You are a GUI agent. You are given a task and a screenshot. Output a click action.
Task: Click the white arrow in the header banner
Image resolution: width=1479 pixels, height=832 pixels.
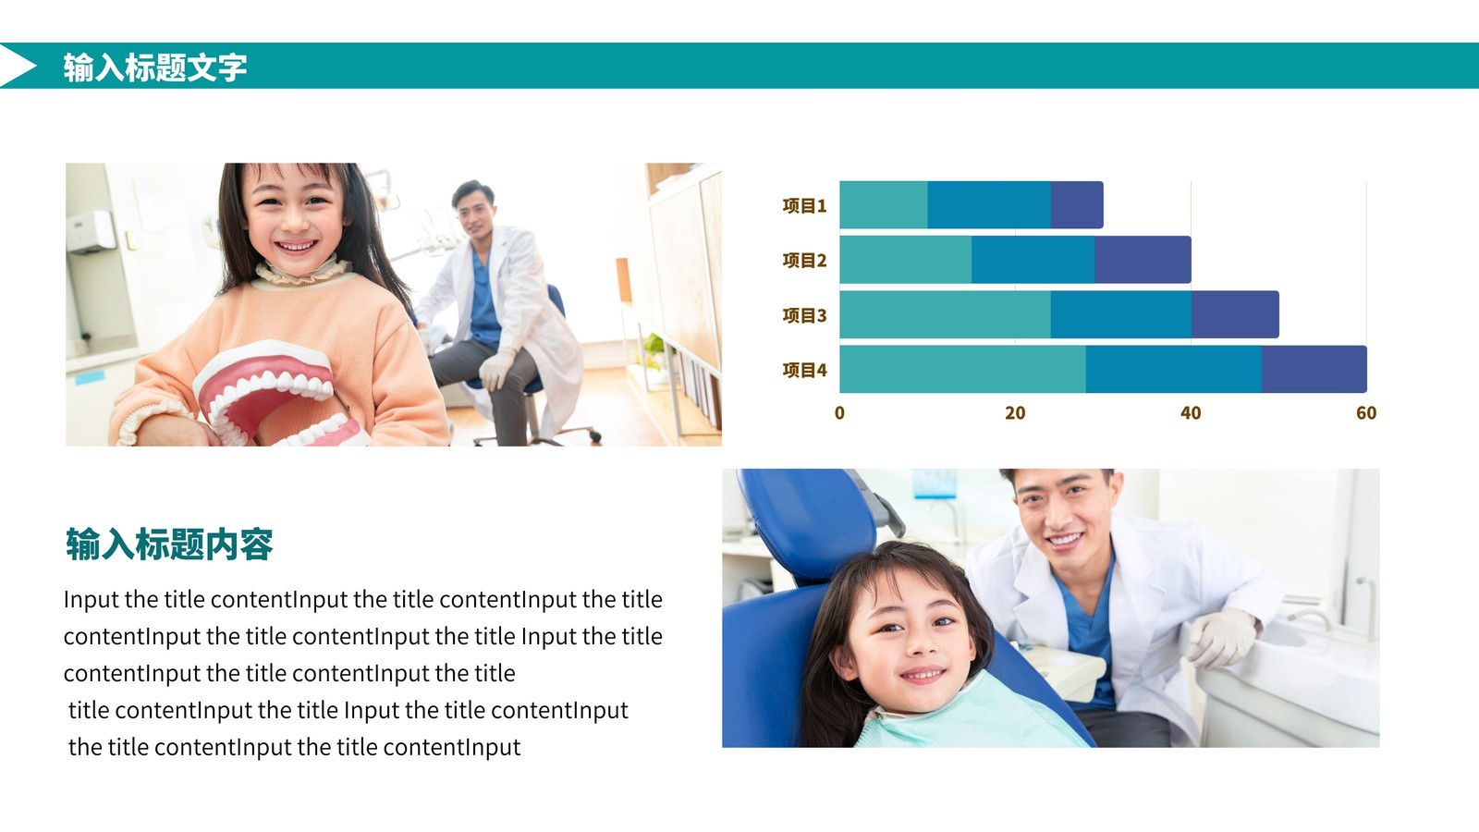pos(16,66)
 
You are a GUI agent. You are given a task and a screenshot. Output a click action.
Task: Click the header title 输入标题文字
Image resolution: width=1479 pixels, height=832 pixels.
pos(155,67)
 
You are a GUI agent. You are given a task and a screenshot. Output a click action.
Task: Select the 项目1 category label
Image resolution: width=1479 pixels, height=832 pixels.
pos(804,206)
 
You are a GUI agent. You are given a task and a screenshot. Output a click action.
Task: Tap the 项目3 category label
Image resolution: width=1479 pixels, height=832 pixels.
pos(804,315)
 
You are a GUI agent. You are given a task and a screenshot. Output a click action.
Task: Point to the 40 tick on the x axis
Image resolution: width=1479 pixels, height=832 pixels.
pos(1191,413)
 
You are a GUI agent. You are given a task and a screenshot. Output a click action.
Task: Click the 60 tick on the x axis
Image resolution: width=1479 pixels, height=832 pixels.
pos(1366,413)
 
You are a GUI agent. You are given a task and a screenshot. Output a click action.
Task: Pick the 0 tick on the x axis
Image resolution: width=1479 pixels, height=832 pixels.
pos(839,413)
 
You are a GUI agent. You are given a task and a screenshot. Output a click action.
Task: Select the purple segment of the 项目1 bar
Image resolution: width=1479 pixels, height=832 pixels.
pos(1077,204)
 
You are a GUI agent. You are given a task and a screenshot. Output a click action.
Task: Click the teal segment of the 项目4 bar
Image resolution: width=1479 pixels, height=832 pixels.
pos(962,369)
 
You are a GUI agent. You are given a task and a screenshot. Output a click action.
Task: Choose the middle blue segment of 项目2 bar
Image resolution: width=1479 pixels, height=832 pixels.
pos(1033,260)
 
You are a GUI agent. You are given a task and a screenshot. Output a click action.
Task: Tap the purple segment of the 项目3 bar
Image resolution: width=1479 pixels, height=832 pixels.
pos(1235,314)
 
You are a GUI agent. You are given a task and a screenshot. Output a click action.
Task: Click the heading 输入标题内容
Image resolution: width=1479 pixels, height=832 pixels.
pos(169,544)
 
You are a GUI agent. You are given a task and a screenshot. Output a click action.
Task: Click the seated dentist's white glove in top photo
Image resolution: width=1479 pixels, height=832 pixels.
pos(495,369)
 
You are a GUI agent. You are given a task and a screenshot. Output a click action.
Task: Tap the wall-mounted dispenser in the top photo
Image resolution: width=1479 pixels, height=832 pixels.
pos(91,232)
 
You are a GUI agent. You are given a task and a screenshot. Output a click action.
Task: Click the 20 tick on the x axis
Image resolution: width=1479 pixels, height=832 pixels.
pos(1015,413)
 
